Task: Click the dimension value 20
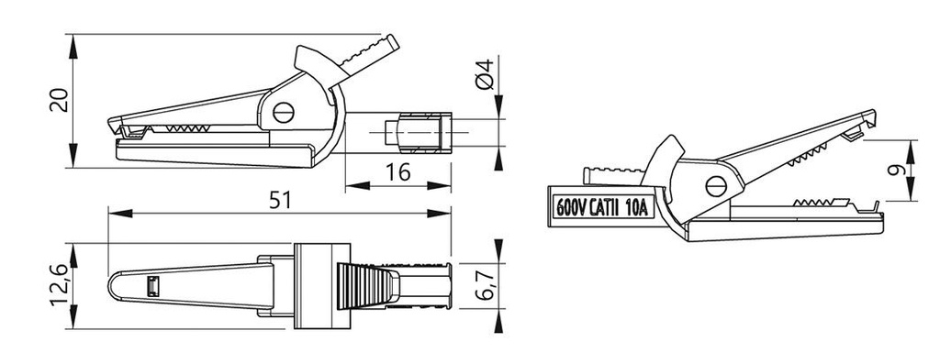click(59, 101)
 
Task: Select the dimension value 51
click(280, 200)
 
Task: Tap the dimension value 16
click(398, 172)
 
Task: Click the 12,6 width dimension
click(60, 285)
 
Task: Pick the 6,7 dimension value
click(487, 285)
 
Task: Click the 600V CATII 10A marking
click(602, 208)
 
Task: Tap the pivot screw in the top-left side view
click(283, 112)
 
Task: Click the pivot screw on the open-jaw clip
click(716, 186)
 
